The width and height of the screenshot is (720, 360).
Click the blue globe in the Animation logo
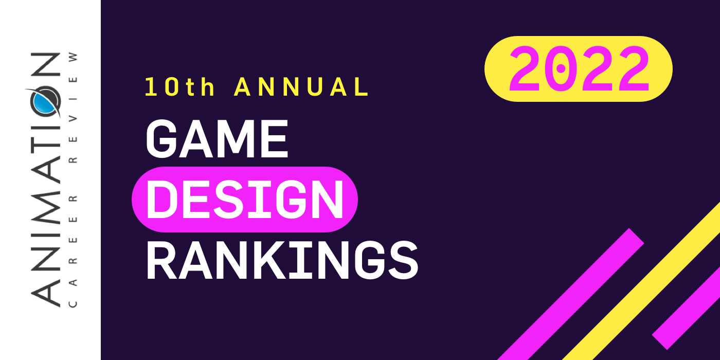pos(44,101)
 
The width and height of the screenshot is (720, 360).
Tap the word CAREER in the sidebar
pos(73,249)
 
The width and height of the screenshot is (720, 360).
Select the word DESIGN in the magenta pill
pos(245,200)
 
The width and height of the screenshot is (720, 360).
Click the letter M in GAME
pos(237,139)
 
